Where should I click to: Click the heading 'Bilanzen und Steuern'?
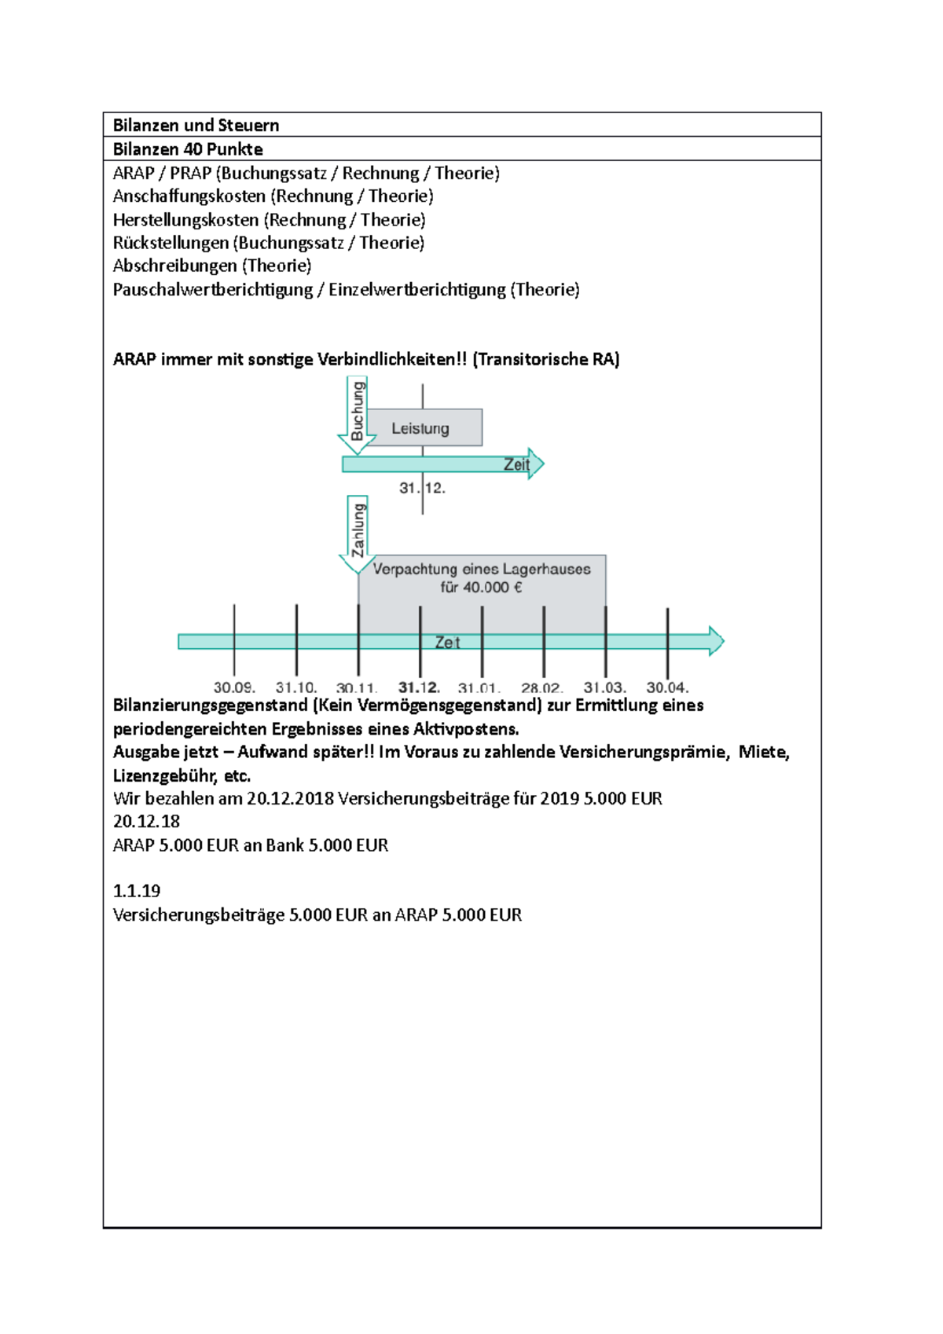196,125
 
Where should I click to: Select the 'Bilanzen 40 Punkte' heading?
188,149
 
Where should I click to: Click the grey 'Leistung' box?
424,428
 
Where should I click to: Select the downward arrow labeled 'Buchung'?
356,415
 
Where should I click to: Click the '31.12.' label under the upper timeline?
422,488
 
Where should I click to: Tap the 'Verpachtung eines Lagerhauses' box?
482,578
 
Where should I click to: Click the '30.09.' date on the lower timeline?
234,687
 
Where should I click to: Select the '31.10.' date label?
296,687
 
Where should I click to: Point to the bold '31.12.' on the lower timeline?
419,687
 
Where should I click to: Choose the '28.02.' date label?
542,687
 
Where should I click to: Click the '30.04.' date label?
667,687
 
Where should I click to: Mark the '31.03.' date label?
604,687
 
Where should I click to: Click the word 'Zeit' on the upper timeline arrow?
516,464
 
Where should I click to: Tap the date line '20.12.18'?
146,822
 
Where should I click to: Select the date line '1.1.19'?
137,891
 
